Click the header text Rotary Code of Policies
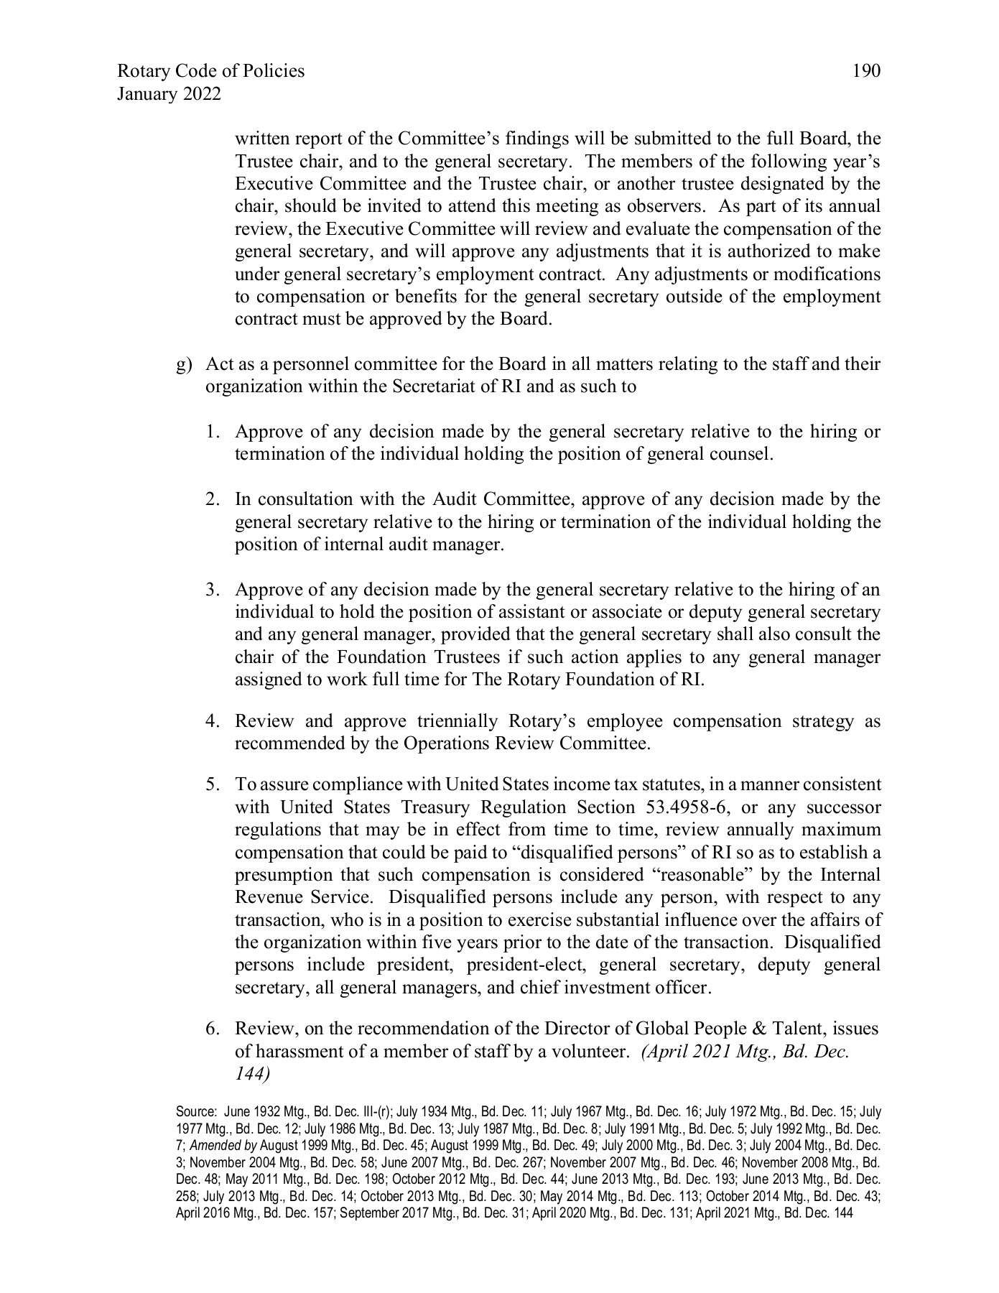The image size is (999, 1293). (x=210, y=71)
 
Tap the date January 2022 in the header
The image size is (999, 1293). (x=169, y=94)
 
